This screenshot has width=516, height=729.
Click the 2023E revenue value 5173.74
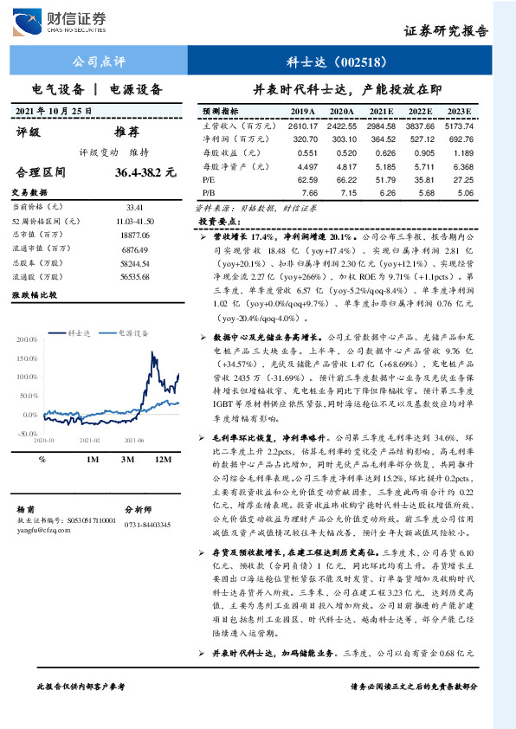pyautogui.click(x=456, y=126)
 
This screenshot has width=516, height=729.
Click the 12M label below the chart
pyautogui.click(x=162, y=459)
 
